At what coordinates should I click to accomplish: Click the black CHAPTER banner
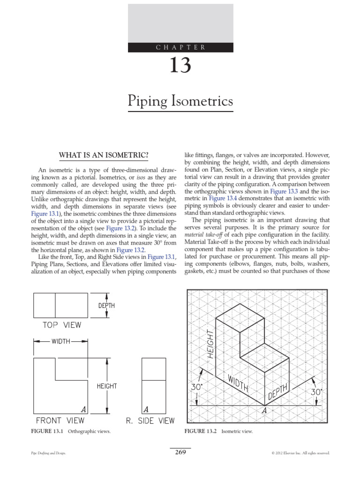click(x=180, y=47)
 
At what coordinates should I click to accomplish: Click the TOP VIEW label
click(x=62, y=325)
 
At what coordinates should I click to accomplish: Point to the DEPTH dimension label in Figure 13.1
click(x=106, y=306)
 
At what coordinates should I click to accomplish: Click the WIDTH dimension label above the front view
click(x=60, y=341)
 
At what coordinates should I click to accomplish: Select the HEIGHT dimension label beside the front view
click(x=107, y=386)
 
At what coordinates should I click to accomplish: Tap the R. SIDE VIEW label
click(x=150, y=420)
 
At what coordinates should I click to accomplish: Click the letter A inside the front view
click(x=83, y=409)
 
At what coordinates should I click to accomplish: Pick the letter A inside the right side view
click(x=146, y=409)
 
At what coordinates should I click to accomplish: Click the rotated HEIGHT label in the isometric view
click(x=210, y=345)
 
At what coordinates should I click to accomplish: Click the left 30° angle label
click(x=197, y=388)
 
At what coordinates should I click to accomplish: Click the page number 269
click(x=180, y=452)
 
